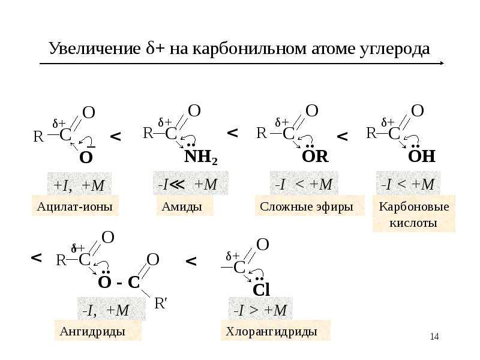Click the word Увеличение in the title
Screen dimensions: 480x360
[x=95, y=49]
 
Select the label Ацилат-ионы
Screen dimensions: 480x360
[x=74, y=206]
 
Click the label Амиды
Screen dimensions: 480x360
[x=182, y=206]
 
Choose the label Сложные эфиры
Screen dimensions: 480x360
[x=307, y=206]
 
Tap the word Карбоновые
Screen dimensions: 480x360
[x=414, y=206]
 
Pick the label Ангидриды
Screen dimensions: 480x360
[x=92, y=332]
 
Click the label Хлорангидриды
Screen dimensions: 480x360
[x=271, y=332]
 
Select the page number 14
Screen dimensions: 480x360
[x=434, y=337]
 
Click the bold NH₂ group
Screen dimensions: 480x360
[x=201, y=157]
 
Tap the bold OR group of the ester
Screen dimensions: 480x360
[x=315, y=157]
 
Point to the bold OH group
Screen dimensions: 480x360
[x=422, y=156]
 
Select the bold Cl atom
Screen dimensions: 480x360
[x=261, y=290]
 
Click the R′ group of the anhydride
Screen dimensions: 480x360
[x=161, y=304]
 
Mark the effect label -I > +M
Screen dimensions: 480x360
[x=260, y=310]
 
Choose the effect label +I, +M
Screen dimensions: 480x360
[x=79, y=185]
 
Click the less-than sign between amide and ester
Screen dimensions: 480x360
[x=233, y=133]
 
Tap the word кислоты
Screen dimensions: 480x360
[x=413, y=223]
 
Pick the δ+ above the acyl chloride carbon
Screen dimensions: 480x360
[x=233, y=256]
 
